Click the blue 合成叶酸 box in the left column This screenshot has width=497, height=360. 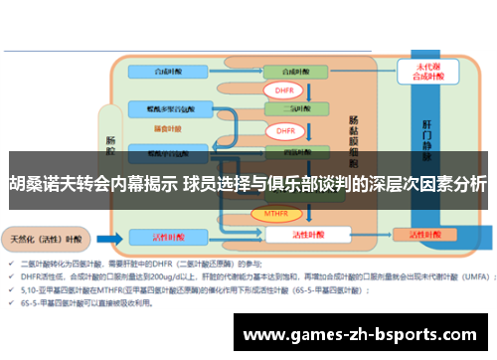[162, 72]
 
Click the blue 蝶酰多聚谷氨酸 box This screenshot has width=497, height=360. [162, 108]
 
